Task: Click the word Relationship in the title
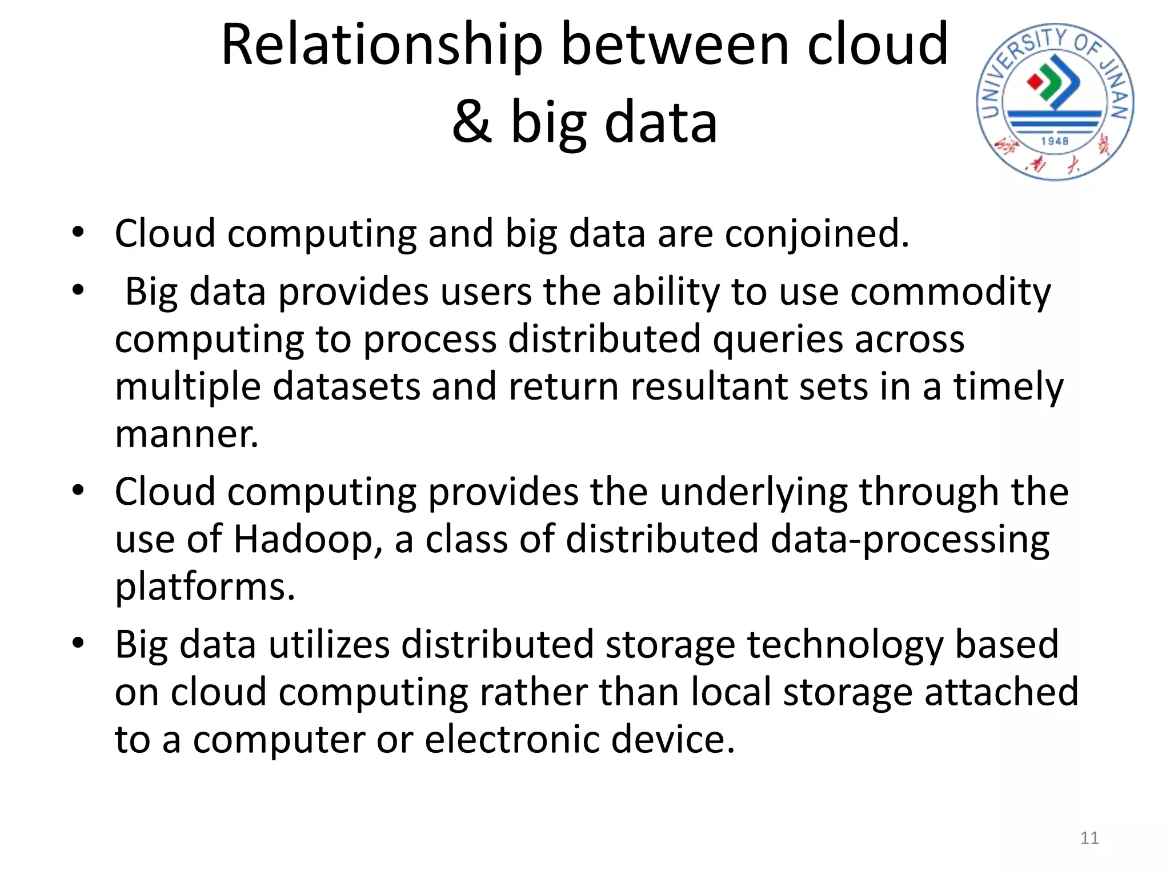[381, 46]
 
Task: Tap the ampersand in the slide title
[472, 122]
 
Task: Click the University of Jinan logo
[1055, 102]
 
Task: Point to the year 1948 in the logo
[1055, 141]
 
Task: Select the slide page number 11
[1089, 838]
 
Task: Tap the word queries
[778, 340]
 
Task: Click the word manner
[186, 434]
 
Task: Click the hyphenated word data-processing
[909, 540]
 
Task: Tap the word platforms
[205, 587]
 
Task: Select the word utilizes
[330, 645]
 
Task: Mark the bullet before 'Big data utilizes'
[78, 642]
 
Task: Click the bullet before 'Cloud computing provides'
[78, 490]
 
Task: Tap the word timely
[1008, 387]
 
